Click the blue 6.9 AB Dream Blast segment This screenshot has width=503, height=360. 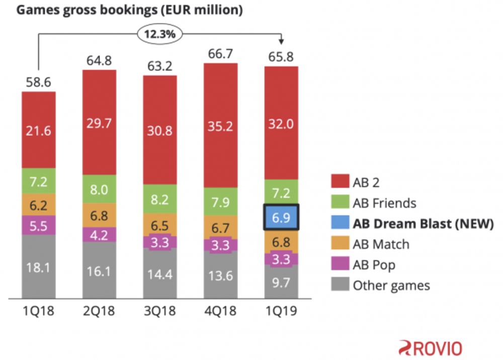click(281, 218)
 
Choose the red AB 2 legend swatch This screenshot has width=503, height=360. click(339, 182)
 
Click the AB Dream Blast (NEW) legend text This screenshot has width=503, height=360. click(423, 224)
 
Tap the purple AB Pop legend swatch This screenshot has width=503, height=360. click(339, 265)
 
